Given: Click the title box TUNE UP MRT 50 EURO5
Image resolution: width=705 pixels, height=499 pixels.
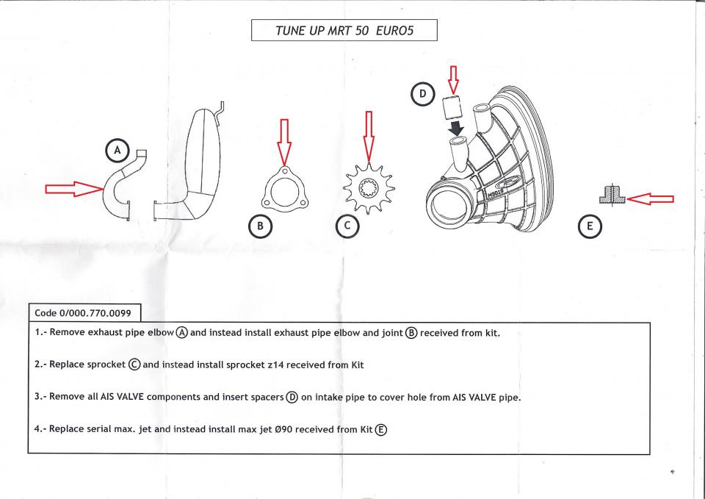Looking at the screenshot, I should (x=344, y=30).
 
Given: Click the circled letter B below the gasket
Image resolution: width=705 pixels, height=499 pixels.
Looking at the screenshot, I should (x=260, y=227).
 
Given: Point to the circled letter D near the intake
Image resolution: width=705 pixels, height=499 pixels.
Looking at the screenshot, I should (x=423, y=94).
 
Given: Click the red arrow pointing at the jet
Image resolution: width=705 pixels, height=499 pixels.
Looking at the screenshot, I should (x=651, y=198).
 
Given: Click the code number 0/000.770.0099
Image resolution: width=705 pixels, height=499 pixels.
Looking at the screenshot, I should (x=82, y=312).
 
